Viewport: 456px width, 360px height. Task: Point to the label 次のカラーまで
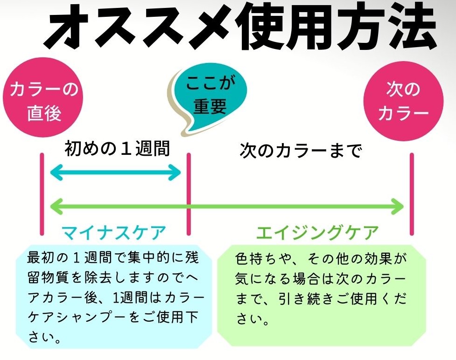(x=301, y=151)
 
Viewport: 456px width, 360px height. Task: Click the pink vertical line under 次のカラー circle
(x=412, y=194)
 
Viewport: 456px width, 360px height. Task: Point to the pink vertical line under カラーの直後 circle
(x=42, y=194)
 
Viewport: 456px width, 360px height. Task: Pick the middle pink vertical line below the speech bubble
(x=189, y=194)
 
